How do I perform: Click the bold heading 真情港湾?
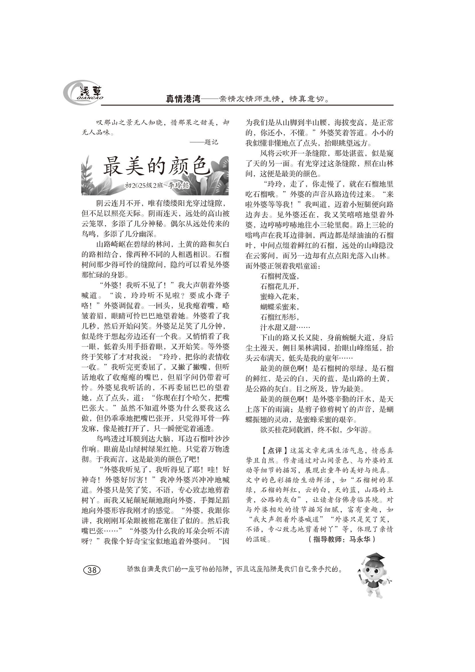point(183,99)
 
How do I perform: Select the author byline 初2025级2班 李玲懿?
point(157,186)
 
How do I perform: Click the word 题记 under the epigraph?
point(211,143)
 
